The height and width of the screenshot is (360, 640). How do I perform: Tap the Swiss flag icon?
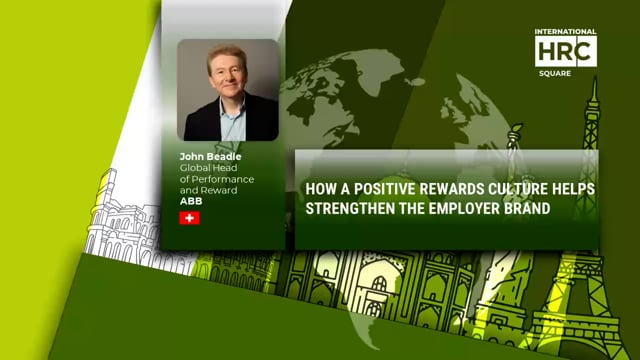pos(189,217)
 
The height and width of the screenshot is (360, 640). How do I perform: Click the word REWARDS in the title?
pos(441,188)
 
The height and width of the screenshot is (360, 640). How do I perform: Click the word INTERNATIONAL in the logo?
pos(565,32)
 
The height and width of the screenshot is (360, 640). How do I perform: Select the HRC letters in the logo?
pos(565,51)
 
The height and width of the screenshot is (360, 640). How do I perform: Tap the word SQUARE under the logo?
pos(565,72)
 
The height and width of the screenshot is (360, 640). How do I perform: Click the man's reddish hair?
pos(227,54)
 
